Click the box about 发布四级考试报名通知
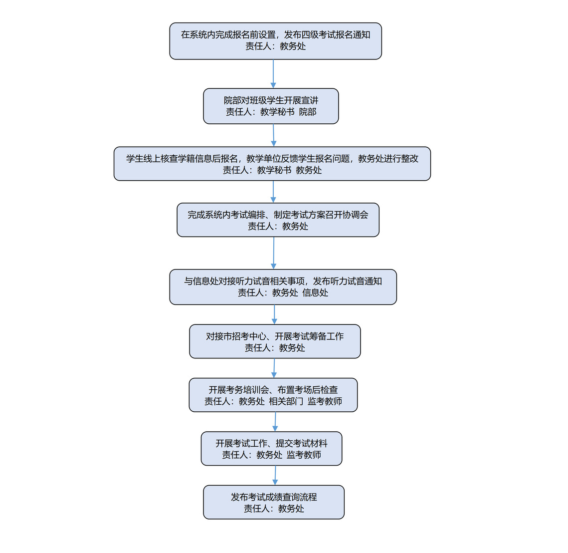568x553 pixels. [275, 41]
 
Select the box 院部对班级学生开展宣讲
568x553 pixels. [271, 106]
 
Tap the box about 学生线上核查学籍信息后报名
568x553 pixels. [272, 164]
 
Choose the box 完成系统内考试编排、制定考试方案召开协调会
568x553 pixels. [278, 220]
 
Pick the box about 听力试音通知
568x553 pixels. [283, 287]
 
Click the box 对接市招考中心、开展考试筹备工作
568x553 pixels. [275, 341]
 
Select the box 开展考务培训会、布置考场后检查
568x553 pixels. [273, 395]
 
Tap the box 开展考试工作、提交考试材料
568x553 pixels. [271, 449]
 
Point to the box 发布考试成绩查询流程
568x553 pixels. [274, 502]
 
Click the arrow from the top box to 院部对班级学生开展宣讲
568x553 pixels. [273, 73]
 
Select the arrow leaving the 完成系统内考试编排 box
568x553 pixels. [273, 253]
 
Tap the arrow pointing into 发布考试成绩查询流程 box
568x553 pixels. [275, 476]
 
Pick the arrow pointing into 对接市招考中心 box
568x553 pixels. [274, 314]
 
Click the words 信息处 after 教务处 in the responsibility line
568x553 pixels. [315, 292]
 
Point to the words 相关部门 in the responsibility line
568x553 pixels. [286, 401]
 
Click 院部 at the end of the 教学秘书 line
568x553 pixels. [308, 112]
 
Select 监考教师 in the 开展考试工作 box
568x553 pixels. [304, 455]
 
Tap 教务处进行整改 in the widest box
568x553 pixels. [388, 159]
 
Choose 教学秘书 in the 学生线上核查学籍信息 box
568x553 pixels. [274, 170]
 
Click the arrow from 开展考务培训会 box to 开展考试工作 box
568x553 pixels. [275, 422]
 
